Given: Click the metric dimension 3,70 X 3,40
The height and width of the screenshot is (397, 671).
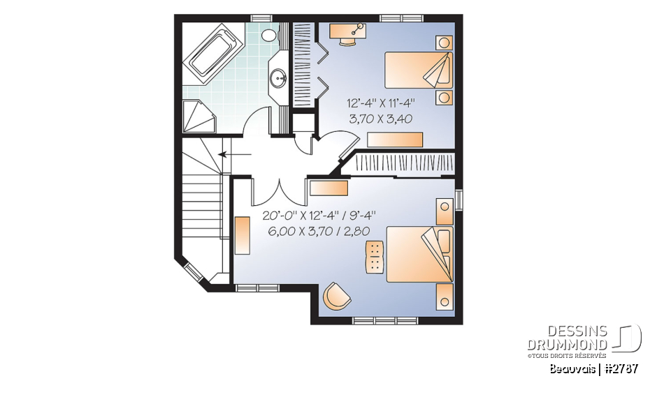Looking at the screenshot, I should [x=380, y=119].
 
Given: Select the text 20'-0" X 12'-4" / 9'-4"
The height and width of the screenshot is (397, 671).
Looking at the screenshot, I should [x=319, y=216].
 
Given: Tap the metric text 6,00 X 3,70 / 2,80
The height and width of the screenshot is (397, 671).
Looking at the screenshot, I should [x=319, y=231].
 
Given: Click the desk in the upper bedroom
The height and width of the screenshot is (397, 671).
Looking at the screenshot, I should [x=347, y=29].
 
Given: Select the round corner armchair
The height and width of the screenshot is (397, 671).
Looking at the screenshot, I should [x=337, y=296].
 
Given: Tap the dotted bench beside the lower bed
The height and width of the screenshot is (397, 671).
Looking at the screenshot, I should [x=375, y=256].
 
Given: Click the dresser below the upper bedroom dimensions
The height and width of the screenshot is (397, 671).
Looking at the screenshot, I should [x=395, y=139].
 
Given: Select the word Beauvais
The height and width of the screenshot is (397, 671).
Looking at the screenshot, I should [x=571, y=368].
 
